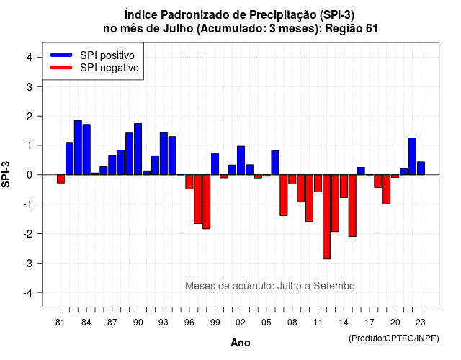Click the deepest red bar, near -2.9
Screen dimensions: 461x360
pyautogui.click(x=326, y=217)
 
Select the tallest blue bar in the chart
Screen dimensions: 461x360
pyautogui.click(x=78, y=148)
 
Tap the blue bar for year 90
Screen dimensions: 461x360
pyautogui.click(x=138, y=149)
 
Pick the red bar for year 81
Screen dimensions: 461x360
pyautogui.click(x=61, y=179)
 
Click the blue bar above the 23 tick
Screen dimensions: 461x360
pyautogui.click(x=421, y=168)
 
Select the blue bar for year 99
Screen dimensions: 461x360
pyautogui.click(x=215, y=163)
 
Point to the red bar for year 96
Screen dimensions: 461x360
pyautogui.click(x=189, y=182)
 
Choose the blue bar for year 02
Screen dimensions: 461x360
pyautogui.click(x=241, y=161)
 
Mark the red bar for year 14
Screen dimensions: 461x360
pyautogui.click(x=344, y=186)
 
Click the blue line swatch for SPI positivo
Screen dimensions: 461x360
pyautogui.click(x=61, y=55)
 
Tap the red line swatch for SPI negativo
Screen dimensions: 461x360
pyautogui.click(x=61, y=68)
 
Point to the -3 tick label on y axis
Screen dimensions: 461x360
pyautogui.click(x=28, y=264)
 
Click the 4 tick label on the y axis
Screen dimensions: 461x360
pyautogui.click(x=30, y=58)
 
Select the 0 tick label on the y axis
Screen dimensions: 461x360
pyautogui.click(x=30, y=175)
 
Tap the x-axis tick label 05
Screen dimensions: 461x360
pyautogui.click(x=267, y=323)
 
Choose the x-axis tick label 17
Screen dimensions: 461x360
pyautogui.click(x=370, y=323)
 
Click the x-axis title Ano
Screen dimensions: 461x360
pyautogui.click(x=241, y=343)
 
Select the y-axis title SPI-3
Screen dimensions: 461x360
pyautogui.click(x=6, y=174)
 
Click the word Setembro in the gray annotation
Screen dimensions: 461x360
pyautogui.click(x=334, y=286)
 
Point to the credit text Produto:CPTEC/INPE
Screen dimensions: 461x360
pyautogui.click(x=394, y=338)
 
